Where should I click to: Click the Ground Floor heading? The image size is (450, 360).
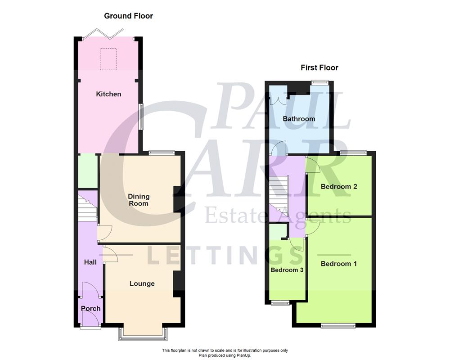click(128, 16)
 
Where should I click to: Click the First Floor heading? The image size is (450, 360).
click(319, 68)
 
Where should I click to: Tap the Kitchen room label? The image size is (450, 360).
click(108, 94)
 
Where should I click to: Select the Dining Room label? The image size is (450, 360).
click(139, 200)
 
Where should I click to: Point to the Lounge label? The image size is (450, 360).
click(142, 283)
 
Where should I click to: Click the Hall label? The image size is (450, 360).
click(90, 262)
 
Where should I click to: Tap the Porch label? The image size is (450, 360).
click(90, 309)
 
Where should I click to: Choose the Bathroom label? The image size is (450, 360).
click(299, 119)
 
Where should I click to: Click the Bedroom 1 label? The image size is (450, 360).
click(338, 264)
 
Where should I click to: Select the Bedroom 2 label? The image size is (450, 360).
click(338, 186)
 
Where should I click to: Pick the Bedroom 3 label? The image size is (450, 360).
click(287, 270)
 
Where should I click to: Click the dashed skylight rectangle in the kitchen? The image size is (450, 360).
click(108, 59)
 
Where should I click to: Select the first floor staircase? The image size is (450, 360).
click(279, 193)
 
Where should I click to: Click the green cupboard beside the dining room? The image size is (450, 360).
click(87, 171)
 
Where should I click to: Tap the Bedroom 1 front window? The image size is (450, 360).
click(338, 325)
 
